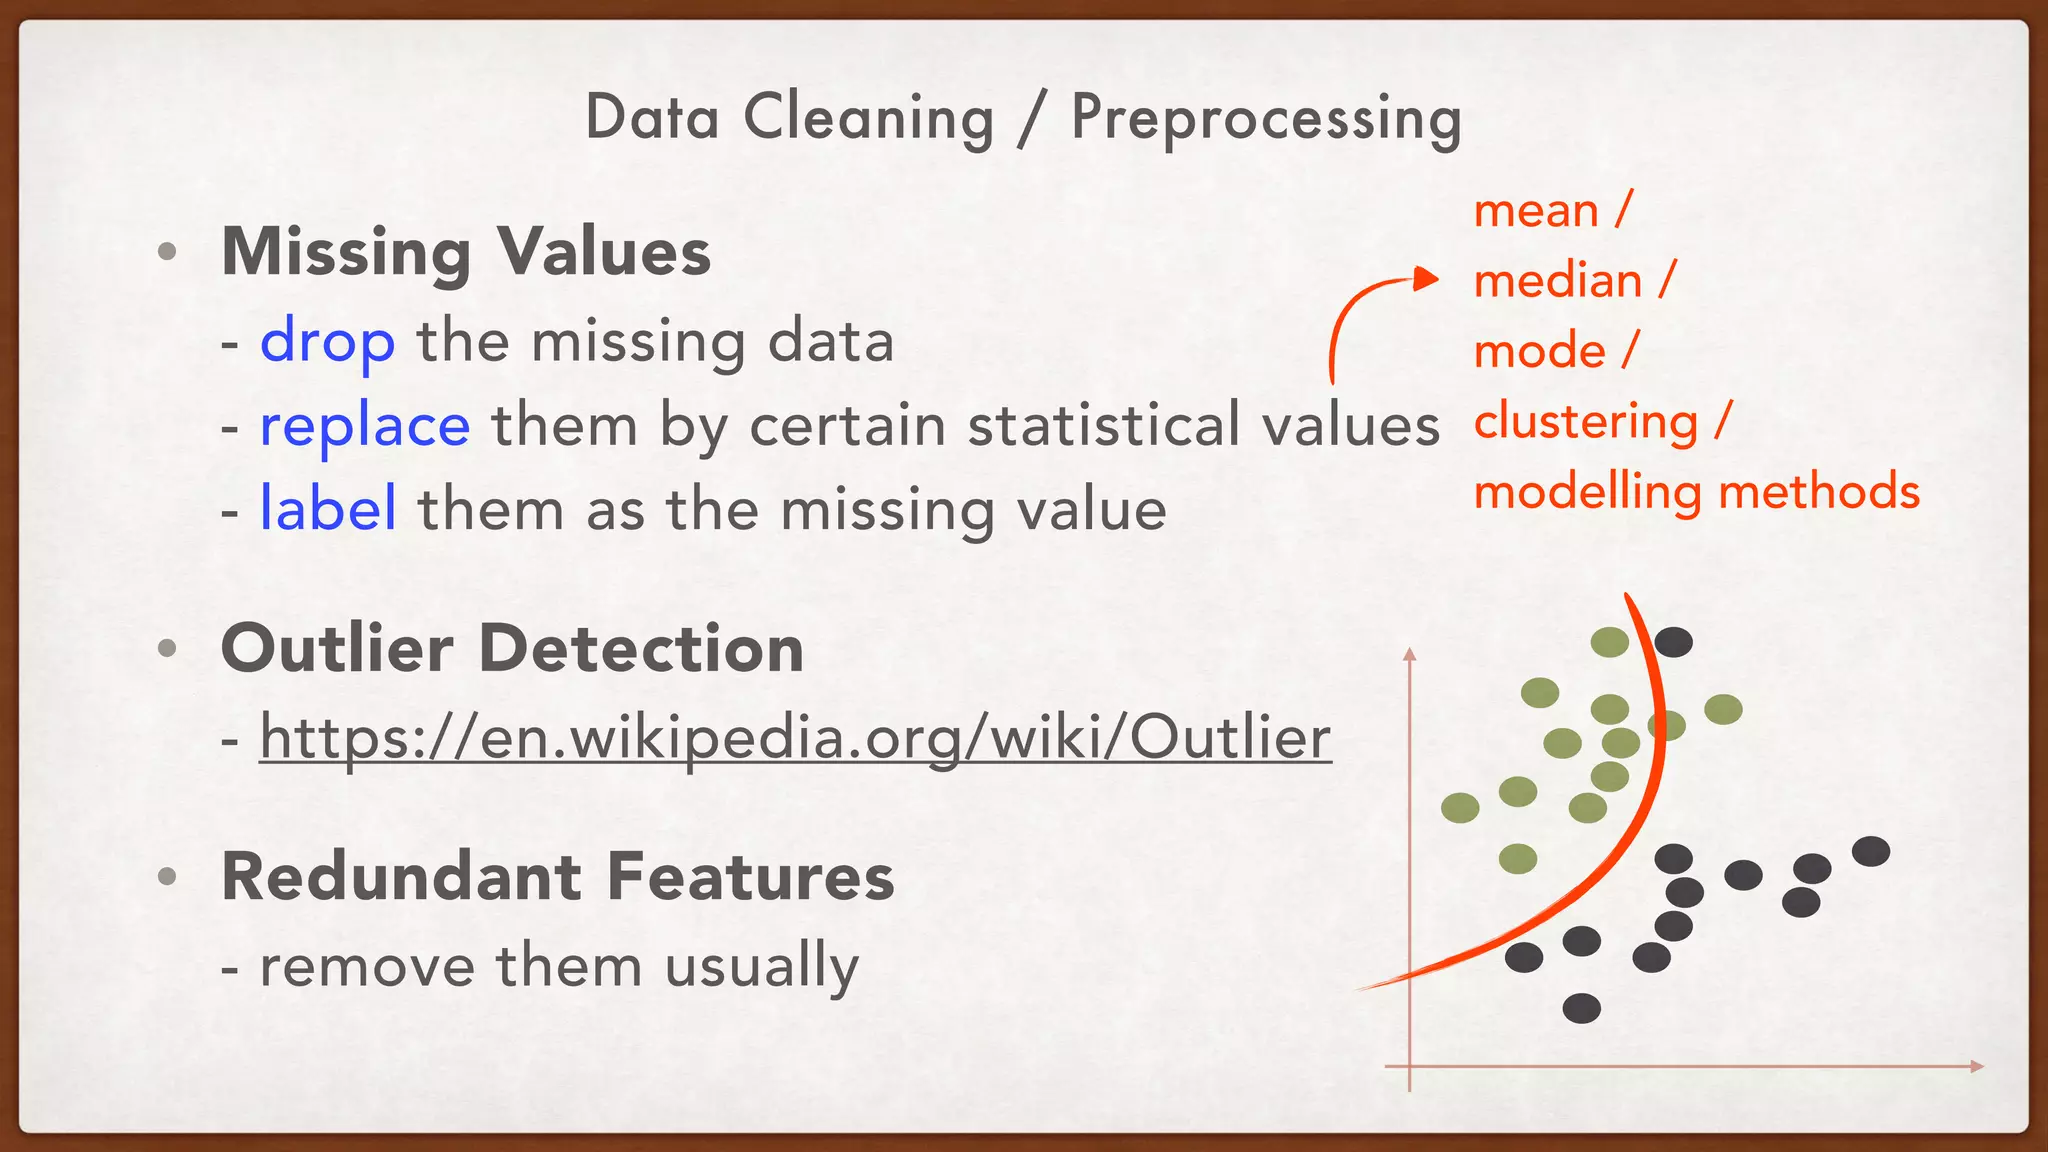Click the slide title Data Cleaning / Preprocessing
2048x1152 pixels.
coord(1023,118)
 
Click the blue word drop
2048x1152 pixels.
coord(327,342)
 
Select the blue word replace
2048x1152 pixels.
coord(365,426)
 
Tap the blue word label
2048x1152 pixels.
coord(328,509)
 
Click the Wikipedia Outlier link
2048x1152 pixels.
coord(795,738)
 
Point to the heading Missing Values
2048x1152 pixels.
coord(466,251)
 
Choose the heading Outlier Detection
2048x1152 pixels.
coord(512,648)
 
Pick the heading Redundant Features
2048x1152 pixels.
coord(558,877)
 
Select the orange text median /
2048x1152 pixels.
coord(1574,281)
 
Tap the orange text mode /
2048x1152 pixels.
coord(1556,351)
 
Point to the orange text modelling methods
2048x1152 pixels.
coord(1697,492)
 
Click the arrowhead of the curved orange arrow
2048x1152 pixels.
coord(1427,279)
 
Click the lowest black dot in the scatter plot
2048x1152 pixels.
coord(1581,1008)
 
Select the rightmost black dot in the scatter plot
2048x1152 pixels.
coord(1870,852)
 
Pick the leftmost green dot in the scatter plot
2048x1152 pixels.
coord(1460,808)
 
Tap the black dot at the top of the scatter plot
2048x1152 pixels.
coord(1673,642)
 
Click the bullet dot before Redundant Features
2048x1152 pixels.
coord(167,877)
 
